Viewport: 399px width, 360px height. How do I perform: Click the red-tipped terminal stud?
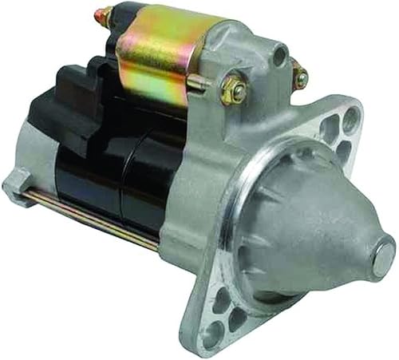coord(102,14)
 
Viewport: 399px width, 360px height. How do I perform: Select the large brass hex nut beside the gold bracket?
coord(234,89)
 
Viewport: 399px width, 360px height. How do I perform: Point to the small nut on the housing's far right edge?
coord(300,77)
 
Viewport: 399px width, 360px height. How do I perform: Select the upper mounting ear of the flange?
coord(339,128)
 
